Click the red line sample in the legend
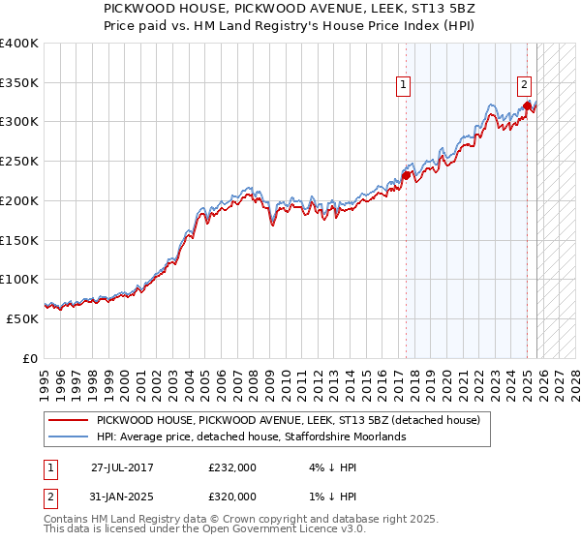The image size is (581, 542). point(68,420)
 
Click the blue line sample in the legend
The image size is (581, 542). point(68,437)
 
